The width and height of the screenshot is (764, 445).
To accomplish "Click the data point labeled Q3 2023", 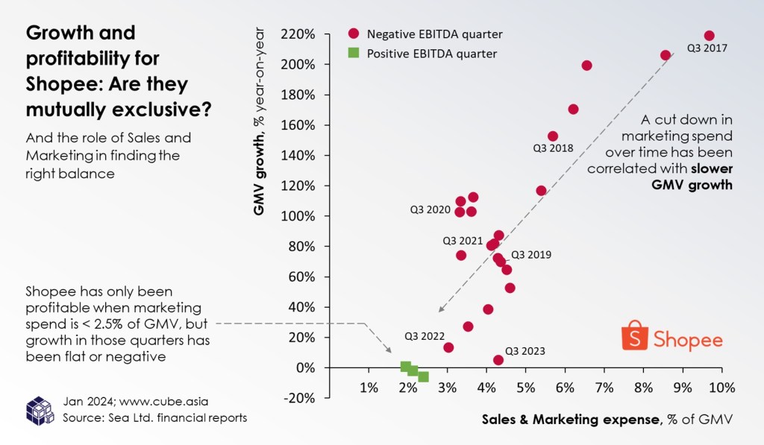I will coord(498,360).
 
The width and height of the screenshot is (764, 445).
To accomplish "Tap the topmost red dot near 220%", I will coord(709,36).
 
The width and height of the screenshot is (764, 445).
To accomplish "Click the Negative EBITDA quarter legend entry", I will coord(424,34).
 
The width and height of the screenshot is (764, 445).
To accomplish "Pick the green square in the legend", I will coord(354,53).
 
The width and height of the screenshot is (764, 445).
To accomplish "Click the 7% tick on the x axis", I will coord(604,388).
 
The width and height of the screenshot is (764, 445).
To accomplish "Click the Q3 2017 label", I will coord(707,49).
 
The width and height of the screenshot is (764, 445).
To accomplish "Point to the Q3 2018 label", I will coord(553,148).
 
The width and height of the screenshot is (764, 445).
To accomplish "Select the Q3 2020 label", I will coord(430,210).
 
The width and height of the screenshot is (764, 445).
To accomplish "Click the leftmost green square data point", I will coord(406,367).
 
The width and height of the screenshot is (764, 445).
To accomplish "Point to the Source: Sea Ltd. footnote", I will coord(155,417).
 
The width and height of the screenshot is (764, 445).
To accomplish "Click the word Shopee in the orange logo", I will coord(688,341).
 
